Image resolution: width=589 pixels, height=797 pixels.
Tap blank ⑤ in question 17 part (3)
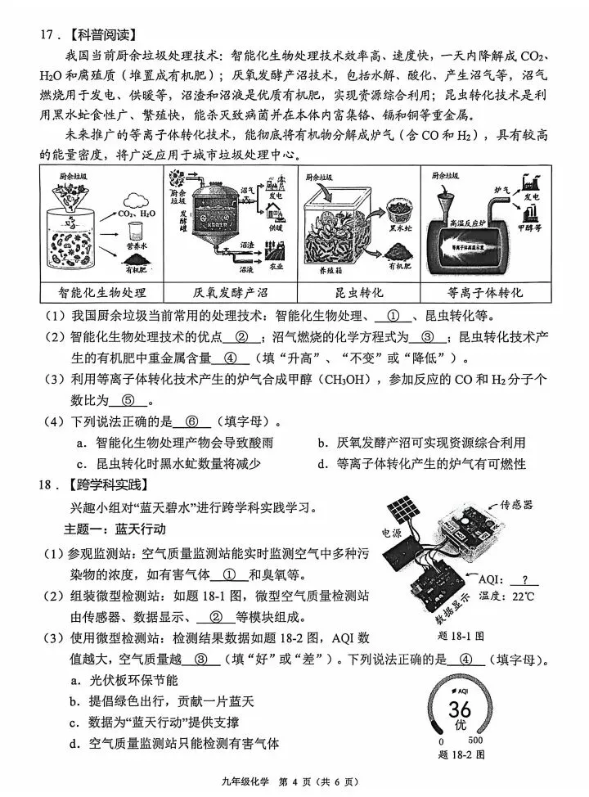(x=132, y=400)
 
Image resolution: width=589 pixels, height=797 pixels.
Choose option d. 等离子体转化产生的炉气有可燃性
(x=422, y=464)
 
